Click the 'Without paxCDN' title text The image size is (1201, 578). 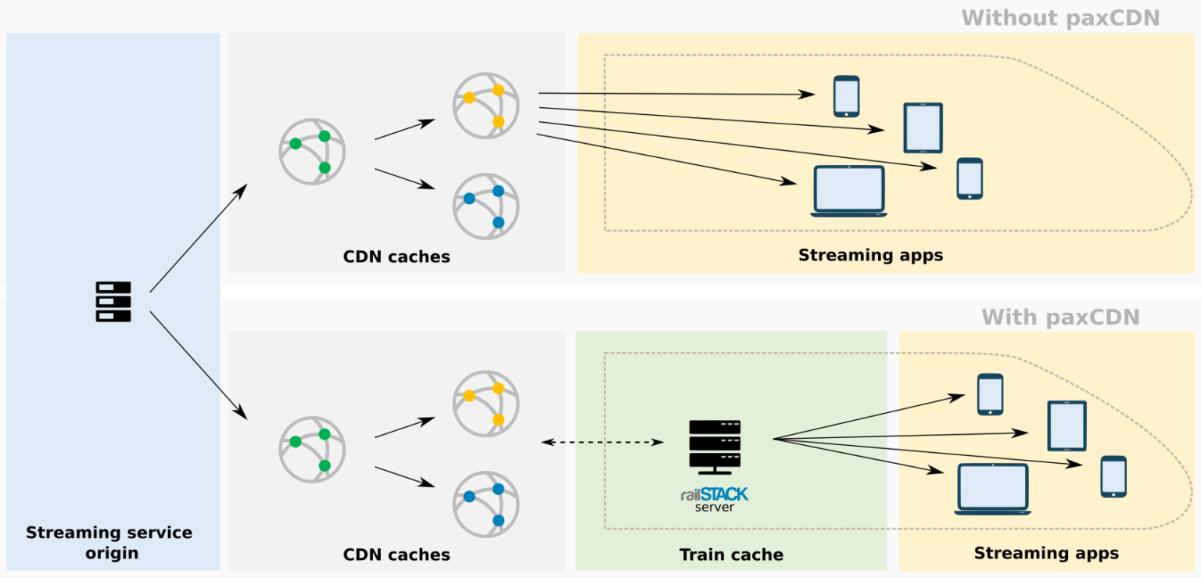[x=1061, y=17]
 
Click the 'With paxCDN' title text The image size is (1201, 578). [x=1060, y=317]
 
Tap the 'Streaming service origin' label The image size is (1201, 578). [x=109, y=543]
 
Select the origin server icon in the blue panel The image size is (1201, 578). [x=113, y=302]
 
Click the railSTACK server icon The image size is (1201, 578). [x=715, y=447]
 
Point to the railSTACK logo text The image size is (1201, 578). [x=714, y=494]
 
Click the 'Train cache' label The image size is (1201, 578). [x=731, y=555]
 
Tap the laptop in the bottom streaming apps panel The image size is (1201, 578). [x=992, y=489]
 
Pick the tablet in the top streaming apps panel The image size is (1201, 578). [x=923, y=128]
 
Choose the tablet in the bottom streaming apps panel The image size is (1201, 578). [x=1067, y=426]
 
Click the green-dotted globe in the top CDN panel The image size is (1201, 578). [x=312, y=152]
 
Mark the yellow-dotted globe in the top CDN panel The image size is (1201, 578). [x=486, y=106]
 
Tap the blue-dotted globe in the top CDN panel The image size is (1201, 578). [x=486, y=206]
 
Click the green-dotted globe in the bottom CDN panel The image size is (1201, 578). [x=312, y=450]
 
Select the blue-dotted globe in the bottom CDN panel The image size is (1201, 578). [x=486, y=504]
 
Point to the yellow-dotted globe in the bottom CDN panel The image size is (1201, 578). [x=486, y=404]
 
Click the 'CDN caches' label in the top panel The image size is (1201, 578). [x=396, y=257]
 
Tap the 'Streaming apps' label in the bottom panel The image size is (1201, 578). [x=1046, y=554]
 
